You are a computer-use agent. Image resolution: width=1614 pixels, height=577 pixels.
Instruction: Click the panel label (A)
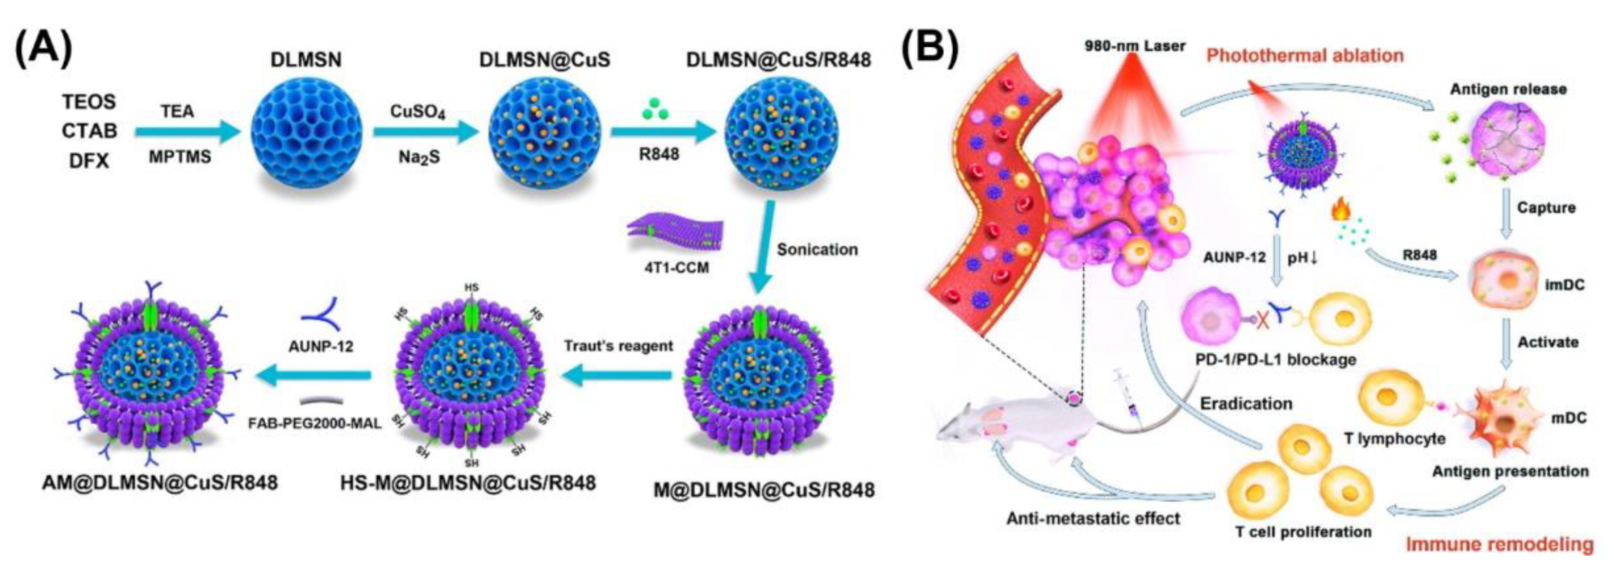coord(44,49)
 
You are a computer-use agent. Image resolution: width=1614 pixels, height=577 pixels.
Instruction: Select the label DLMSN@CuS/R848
coord(779,60)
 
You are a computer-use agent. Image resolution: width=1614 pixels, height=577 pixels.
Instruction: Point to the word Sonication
coord(817,250)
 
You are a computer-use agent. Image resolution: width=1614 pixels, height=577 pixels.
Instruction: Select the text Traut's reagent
coord(618,346)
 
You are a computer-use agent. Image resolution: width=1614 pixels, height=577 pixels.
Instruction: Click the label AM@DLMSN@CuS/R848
coord(160,483)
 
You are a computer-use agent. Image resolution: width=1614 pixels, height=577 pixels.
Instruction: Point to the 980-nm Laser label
coord(1135,46)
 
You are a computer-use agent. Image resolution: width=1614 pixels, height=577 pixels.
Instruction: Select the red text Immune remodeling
coord(1499,544)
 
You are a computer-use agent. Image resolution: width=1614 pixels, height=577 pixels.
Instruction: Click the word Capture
coord(1546,207)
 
